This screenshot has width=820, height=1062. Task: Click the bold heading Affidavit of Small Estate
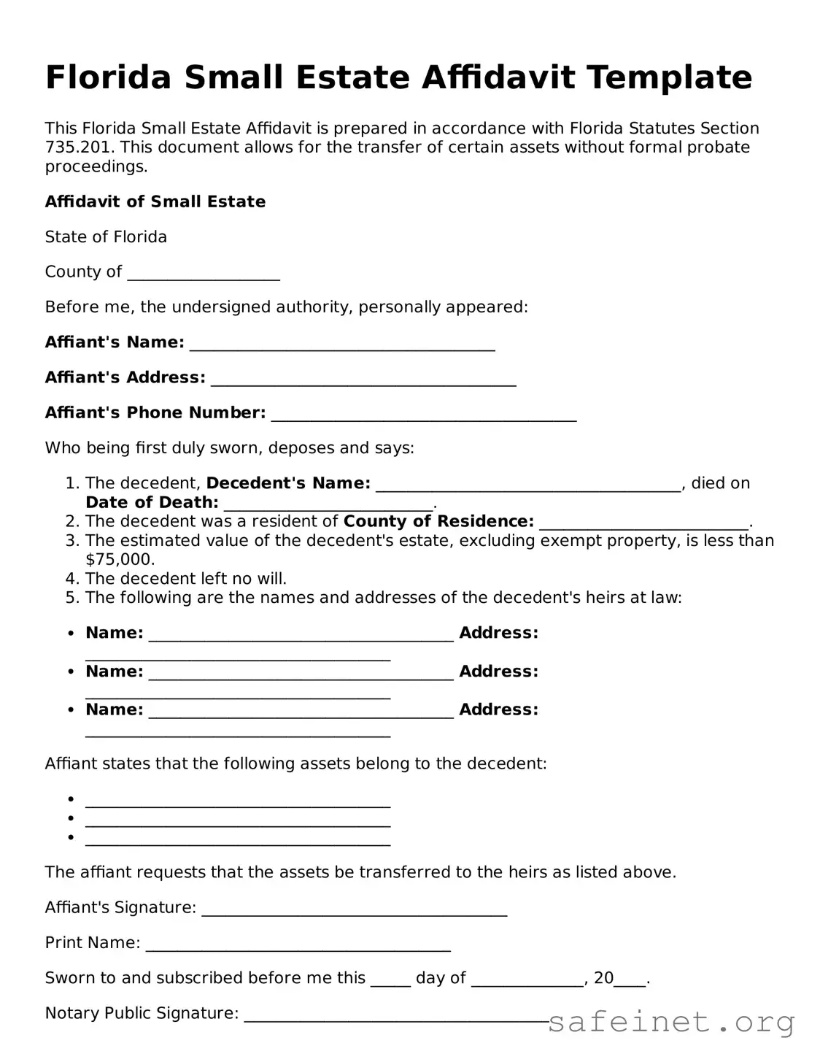tap(155, 201)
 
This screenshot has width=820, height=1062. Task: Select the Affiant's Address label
tap(125, 377)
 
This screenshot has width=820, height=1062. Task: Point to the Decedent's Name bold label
tap(288, 483)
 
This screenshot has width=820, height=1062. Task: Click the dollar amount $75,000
tap(120, 560)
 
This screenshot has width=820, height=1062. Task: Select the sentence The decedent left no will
tap(186, 579)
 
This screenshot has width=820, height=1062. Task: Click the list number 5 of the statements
tap(71, 598)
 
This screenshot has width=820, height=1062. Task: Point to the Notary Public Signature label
tap(142, 1013)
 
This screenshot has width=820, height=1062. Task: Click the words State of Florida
tap(106, 236)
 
